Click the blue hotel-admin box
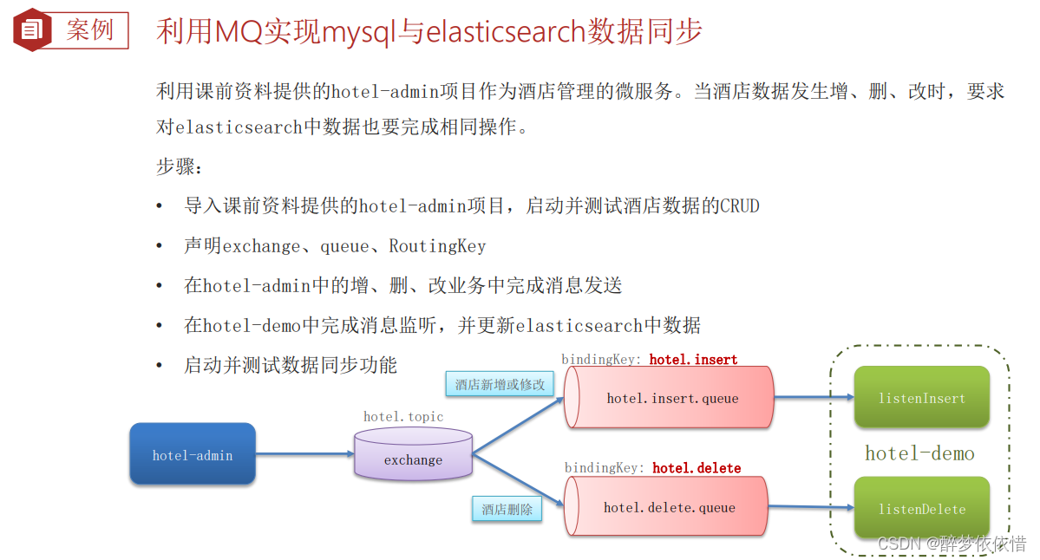click(193, 454)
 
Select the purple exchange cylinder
click(413, 455)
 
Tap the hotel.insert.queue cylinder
click(669, 398)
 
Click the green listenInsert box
click(921, 398)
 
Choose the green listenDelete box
click(921, 508)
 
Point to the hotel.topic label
click(403, 417)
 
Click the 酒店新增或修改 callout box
click(500, 384)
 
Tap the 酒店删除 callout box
click(507, 509)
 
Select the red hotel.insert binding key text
click(693, 359)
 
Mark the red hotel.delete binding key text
click(697, 468)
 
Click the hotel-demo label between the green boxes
click(919, 453)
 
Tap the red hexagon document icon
click(32, 30)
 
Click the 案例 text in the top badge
click(90, 30)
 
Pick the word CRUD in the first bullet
click(740, 206)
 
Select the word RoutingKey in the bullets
click(437, 246)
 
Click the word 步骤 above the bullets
click(174, 166)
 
